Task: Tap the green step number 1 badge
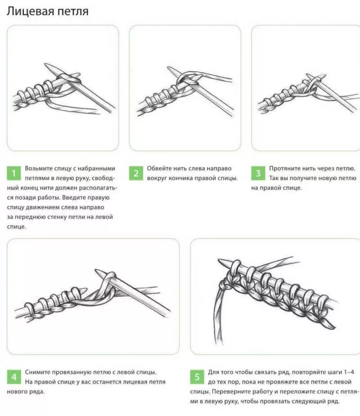[x=14, y=173]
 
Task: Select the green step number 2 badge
[x=136, y=173]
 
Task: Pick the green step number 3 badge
[x=258, y=173]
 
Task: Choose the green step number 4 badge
[x=14, y=377]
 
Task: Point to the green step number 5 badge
[x=197, y=377]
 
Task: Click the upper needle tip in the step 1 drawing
[x=45, y=64]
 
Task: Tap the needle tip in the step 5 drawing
[x=219, y=260]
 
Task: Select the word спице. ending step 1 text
[x=17, y=227]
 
